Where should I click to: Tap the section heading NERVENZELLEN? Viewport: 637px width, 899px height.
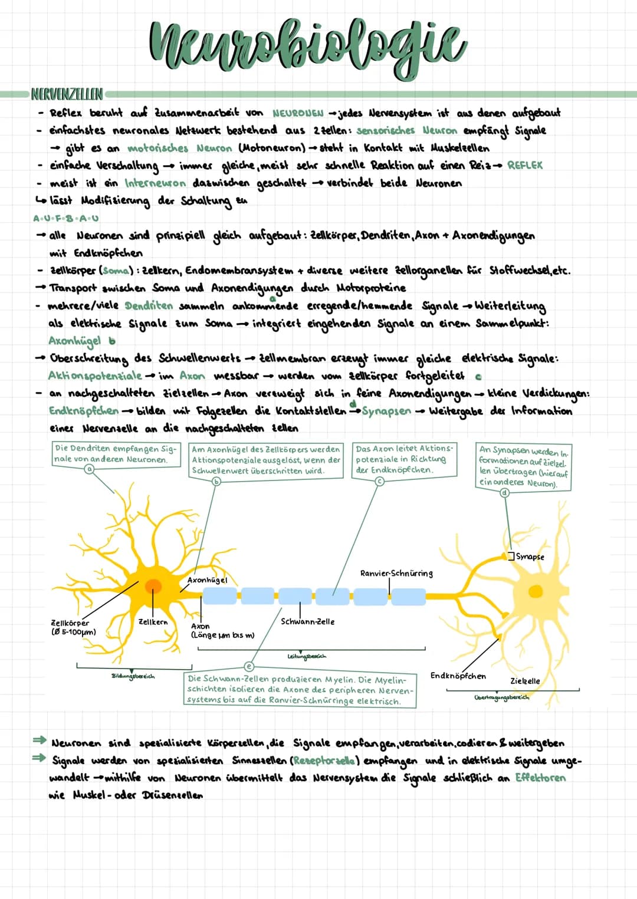[x=66, y=94]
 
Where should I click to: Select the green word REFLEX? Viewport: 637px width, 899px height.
[x=524, y=166]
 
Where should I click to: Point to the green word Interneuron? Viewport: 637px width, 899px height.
[x=155, y=183]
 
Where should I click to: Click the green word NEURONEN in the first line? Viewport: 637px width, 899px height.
[x=298, y=113]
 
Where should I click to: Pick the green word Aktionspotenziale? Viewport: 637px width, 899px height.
[x=95, y=376]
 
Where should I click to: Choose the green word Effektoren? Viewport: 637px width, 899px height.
[x=540, y=778]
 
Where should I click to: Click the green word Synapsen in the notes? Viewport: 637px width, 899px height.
[x=386, y=411]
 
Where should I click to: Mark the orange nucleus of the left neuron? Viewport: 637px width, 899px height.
[x=153, y=585]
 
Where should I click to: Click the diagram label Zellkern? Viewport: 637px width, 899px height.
[x=153, y=622]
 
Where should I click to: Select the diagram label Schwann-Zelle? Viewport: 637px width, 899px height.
[x=307, y=621]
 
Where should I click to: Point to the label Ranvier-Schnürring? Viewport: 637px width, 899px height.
[x=396, y=573]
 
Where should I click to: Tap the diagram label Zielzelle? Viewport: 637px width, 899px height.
[x=524, y=681]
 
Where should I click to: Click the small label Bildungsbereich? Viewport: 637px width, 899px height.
[x=133, y=676]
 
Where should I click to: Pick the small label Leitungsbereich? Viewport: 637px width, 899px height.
[x=306, y=656]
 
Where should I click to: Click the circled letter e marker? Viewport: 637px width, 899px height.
[x=249, y=666]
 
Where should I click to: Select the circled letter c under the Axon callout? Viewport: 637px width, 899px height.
[x=380, y=481]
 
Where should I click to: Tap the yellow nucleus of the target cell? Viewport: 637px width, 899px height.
[x=535, y=591]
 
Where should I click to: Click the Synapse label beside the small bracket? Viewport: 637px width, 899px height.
[x=530, y=556]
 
